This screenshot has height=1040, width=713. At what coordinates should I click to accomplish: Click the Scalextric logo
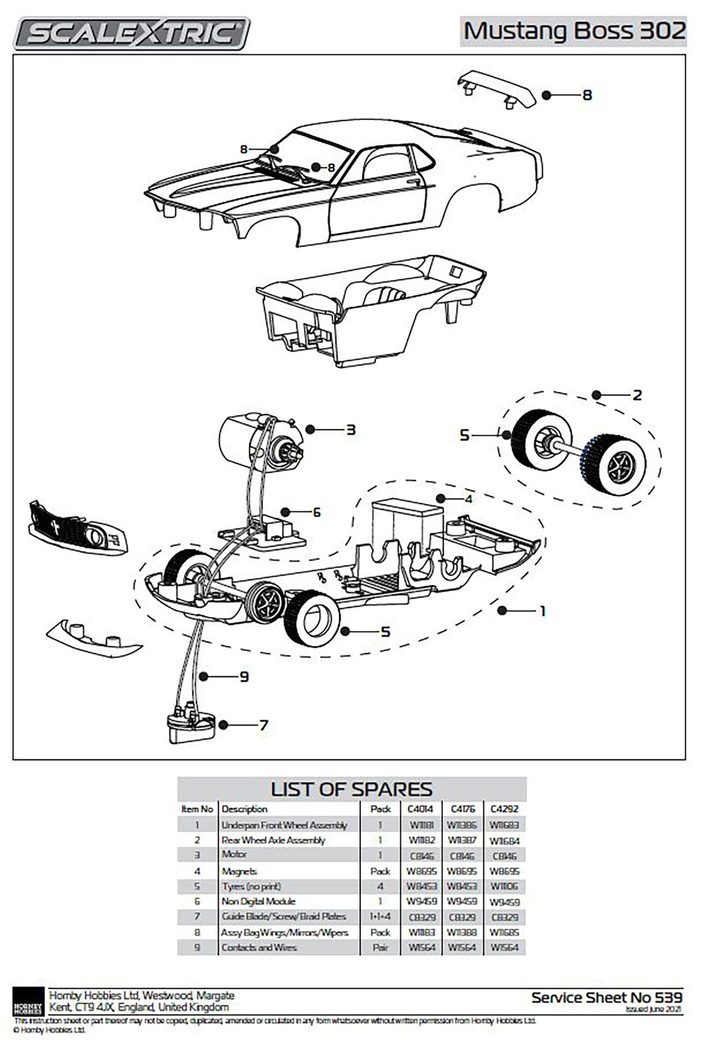click(131, 34)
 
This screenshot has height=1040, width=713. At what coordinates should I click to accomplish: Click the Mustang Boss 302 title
click(574, 31)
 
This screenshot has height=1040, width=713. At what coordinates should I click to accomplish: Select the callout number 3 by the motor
click(350, 430)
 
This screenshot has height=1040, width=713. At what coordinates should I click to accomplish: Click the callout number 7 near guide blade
click(264, 725)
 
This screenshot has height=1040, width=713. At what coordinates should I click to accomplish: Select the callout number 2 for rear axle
click(637, 395)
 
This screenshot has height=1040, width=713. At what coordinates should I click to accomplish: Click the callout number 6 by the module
click(316, 512)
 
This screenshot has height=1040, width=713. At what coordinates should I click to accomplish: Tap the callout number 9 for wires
click(244, 676)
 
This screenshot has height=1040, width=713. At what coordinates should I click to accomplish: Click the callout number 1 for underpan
click(543, 611)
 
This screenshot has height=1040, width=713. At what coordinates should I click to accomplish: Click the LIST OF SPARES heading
click(351, 788)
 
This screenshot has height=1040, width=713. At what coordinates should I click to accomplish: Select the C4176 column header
click(463, 809)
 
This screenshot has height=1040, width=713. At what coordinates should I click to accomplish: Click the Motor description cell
click(234, 854)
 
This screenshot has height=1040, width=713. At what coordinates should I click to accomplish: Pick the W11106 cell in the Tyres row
click(504, 886)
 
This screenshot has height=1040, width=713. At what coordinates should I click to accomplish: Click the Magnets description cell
click(239, 871)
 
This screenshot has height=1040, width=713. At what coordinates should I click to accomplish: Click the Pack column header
click(381, 809)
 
